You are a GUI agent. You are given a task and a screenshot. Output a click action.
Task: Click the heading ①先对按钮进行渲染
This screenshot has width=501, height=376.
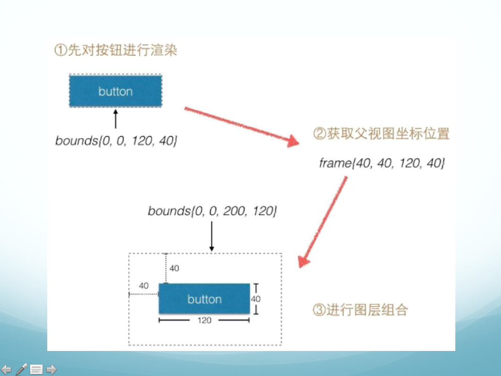coord(116,50)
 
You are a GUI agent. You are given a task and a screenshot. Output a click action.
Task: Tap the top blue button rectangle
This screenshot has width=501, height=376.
coord(116,91)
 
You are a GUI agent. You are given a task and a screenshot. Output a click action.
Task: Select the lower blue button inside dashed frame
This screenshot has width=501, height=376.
coord(204,299)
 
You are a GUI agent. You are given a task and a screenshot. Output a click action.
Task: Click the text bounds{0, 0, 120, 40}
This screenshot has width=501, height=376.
coord(116,140)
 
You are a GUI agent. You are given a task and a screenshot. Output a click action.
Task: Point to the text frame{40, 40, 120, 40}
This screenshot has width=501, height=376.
coord(382,163)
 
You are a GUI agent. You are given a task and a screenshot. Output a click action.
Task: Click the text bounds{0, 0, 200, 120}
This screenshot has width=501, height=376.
coord(212,211)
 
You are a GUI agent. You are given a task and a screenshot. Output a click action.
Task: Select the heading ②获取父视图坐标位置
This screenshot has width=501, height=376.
coord(382,134)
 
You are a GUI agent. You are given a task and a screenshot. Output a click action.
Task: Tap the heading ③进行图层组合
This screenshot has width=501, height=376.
coord(360,310)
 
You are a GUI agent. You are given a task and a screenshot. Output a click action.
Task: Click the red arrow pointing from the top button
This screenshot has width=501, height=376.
coord(242,127)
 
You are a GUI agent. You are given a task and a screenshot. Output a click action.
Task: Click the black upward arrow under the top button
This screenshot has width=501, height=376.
coord(116,119)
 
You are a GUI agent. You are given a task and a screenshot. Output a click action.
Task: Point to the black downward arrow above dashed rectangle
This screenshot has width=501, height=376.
coord(211,236)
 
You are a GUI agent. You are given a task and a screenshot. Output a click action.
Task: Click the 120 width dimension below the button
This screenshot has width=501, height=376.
coord(204,320)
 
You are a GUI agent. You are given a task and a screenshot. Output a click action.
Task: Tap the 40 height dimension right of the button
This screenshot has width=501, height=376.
coord(256,299)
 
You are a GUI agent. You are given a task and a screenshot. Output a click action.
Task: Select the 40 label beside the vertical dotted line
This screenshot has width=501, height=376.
coord(174,268)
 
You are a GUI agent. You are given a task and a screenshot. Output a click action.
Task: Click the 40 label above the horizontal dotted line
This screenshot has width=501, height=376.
coord(144,285)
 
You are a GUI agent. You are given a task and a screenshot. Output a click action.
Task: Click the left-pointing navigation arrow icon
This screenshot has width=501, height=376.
coord(6,369)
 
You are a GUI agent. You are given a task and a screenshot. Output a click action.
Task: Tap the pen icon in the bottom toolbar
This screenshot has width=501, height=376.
coord(21,369)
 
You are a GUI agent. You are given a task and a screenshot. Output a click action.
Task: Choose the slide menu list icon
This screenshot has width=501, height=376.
coord(36,369)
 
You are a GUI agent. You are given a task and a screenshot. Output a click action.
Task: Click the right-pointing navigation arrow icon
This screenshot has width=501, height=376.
coord(51,369)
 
